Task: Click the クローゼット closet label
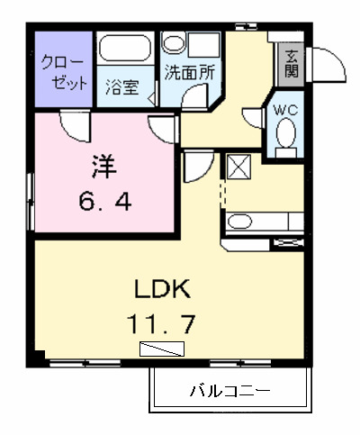(64, 72)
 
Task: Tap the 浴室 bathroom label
(121, 87)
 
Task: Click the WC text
(285, 109)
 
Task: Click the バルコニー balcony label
(229, 392)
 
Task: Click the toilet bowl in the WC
(286, 135)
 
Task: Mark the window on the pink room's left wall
(31, 196)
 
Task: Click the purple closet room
(64, 72)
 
